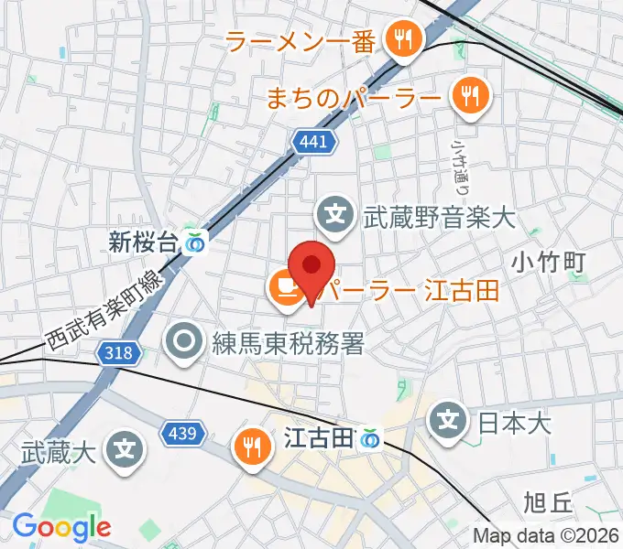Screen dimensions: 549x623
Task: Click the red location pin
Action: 311,267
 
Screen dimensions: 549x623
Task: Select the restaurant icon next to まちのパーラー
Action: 470,94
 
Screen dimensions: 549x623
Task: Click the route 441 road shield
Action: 316,142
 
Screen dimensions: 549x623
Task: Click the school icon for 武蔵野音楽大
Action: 336,216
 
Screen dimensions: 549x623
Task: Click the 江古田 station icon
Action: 370,439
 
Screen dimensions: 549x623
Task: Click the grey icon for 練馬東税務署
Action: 184,342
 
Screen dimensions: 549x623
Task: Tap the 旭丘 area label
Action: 547,502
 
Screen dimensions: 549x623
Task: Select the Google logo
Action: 61,526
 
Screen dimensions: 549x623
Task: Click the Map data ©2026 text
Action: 545,536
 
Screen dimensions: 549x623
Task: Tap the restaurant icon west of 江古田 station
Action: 251,446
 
